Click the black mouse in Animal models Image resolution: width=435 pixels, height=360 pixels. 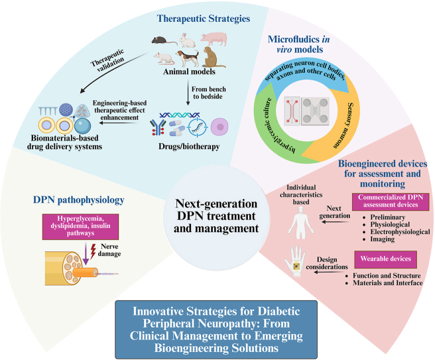[x=164, y=40]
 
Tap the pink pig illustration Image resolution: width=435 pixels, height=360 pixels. [x=214, y=38]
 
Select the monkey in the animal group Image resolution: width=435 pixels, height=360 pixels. [x=212, y=57]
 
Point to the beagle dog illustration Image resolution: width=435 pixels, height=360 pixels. [x=188, y=58]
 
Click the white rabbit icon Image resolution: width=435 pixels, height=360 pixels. [x=187, y=40]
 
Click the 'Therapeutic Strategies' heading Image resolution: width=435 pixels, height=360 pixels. [x=204, y=19]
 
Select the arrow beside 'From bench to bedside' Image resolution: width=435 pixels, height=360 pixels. [x=188, y=93]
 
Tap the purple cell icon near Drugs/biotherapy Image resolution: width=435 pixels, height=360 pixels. [x=219, y=127]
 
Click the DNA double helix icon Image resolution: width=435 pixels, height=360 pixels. [x=180, y=115]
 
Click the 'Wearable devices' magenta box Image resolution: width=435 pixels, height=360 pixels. [x=386, y=259]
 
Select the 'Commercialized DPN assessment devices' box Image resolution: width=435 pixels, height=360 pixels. [x=391, y=202]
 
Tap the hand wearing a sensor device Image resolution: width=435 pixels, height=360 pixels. [x=295, y=261]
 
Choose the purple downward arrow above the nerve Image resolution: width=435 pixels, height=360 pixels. [x=86, y=254]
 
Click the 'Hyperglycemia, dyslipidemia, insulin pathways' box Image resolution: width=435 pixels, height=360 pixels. [x=80, y=227]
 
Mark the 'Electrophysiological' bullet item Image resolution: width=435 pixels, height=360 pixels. [x=400, y=232]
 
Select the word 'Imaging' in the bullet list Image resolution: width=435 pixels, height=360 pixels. [x=383, y=239]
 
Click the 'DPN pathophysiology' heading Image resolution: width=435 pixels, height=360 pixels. [x=79, y=200]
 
